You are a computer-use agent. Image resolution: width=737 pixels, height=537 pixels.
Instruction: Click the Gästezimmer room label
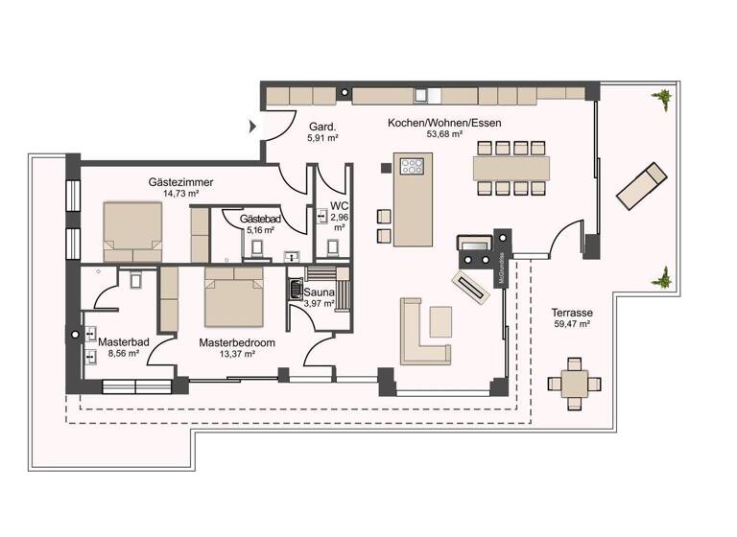[x=180, y=182]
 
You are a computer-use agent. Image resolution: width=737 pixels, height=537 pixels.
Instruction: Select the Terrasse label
[x=571, y=313]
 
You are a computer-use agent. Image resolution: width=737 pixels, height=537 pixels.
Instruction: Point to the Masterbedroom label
[x=237, y=342]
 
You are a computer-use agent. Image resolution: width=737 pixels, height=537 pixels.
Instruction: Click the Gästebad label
[x=260, y=220]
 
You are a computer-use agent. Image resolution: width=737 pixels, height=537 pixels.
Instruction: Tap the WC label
[x=339, y=206]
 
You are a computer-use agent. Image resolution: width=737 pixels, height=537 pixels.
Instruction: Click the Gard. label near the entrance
[x=321, y=126]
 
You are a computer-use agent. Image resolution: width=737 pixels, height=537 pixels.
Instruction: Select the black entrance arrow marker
[x=253, y=126]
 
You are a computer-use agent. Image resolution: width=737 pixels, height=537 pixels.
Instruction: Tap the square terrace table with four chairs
[x=575, y=384]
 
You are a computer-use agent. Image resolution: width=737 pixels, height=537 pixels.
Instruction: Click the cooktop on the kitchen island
[x=412, y=168]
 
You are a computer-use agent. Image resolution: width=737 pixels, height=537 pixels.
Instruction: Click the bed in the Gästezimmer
[x=132, y=231]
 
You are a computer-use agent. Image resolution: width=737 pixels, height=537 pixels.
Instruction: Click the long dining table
[x=511, y=168]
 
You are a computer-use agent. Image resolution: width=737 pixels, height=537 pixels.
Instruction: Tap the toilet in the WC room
[x=333, y=247]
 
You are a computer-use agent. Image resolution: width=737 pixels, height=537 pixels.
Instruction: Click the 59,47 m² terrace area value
[x=571, y=325]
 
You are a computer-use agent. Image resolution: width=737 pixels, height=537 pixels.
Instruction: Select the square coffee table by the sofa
[x=440, y=321]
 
